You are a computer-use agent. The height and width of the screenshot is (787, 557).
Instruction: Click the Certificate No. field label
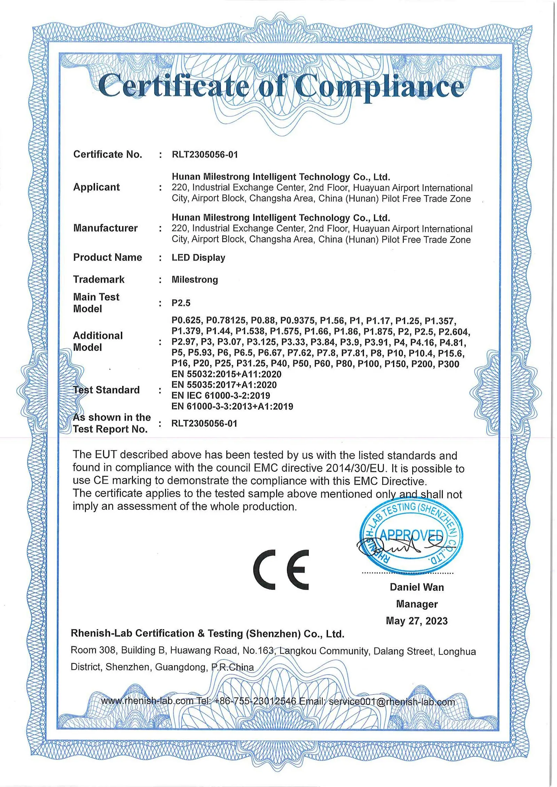[x=108, y=154]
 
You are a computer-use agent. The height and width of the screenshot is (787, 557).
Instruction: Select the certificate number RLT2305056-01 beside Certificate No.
[x=205, y=155]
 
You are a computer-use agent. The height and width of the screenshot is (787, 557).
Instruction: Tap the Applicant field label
[x=96, y=187]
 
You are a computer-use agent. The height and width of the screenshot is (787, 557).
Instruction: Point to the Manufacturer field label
[x=105, y=228]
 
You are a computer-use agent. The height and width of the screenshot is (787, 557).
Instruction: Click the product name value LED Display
[x=198, y=258]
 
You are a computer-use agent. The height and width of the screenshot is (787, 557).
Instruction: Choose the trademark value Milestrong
[x=195, y=280]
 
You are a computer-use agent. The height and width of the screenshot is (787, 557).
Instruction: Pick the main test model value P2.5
[x=181, y=303]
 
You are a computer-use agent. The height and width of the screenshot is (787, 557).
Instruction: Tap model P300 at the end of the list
[x=448, y=364]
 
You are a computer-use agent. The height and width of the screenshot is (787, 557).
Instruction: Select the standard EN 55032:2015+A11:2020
[x=226, y=374]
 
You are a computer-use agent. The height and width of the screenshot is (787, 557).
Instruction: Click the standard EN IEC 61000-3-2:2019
[x=221, y=395]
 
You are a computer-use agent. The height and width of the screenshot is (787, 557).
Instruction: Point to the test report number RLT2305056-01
[x=204, y=424]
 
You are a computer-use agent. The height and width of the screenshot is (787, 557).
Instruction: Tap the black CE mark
[x=281, y=570]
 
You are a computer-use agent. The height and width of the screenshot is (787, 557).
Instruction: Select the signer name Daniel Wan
[x=417, y=587]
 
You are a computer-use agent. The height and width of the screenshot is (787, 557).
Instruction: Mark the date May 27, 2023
[x=417, y=621]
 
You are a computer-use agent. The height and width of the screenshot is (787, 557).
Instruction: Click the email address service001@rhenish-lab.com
[x=392, y=702]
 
